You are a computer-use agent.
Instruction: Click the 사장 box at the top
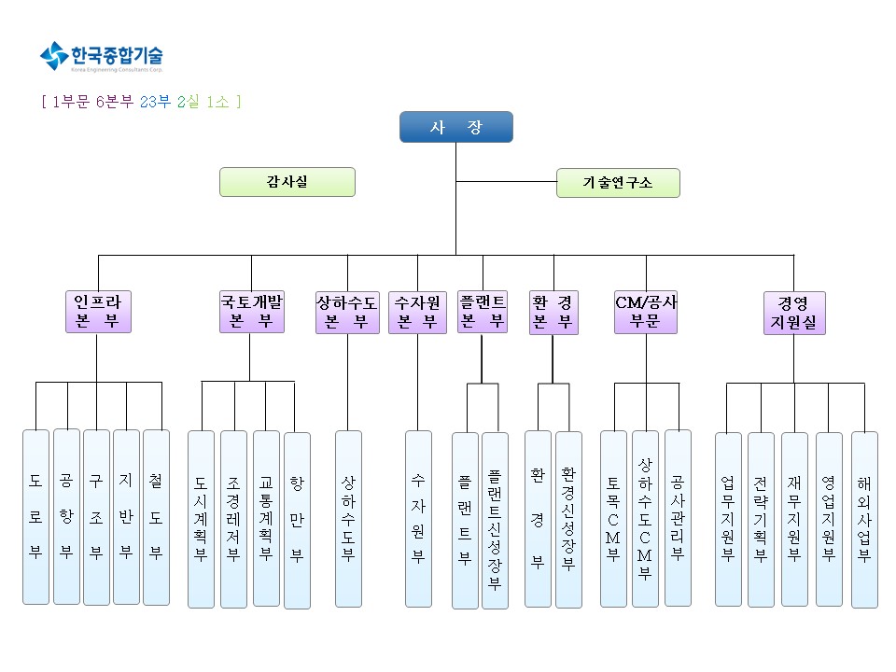coord(456,127)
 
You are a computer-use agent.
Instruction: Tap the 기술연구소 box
coord(618,183)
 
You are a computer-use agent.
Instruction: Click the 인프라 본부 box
coord(98,312)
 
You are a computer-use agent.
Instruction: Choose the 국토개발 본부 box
coord(252,312)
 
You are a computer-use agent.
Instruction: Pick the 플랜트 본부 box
coord(483,312)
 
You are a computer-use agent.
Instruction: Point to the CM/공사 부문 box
coord(646,312)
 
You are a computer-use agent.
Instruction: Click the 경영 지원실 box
coord(794,313)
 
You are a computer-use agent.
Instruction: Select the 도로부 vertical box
coord(35,517)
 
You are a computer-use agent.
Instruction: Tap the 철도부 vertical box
coord(156,517)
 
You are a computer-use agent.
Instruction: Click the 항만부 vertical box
coord(297,520)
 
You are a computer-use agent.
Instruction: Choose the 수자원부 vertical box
coord(418,519)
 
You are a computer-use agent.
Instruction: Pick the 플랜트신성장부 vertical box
coord(495,521)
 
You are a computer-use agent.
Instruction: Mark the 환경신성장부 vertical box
coord(568,519)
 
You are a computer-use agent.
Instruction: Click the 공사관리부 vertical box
coord(678,518)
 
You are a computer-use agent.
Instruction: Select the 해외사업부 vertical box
coord(864,519)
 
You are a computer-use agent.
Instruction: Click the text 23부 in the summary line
coord(155,102)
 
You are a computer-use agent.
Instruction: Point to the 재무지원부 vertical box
coord(794,519)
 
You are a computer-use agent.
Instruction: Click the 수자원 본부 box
coord(417,312)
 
